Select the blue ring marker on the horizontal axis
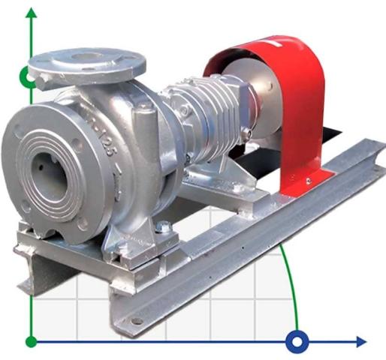coord(297,342)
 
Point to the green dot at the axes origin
coord(31,342)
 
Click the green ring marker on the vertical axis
coord(29,76)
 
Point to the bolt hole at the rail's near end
coord(136,320)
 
